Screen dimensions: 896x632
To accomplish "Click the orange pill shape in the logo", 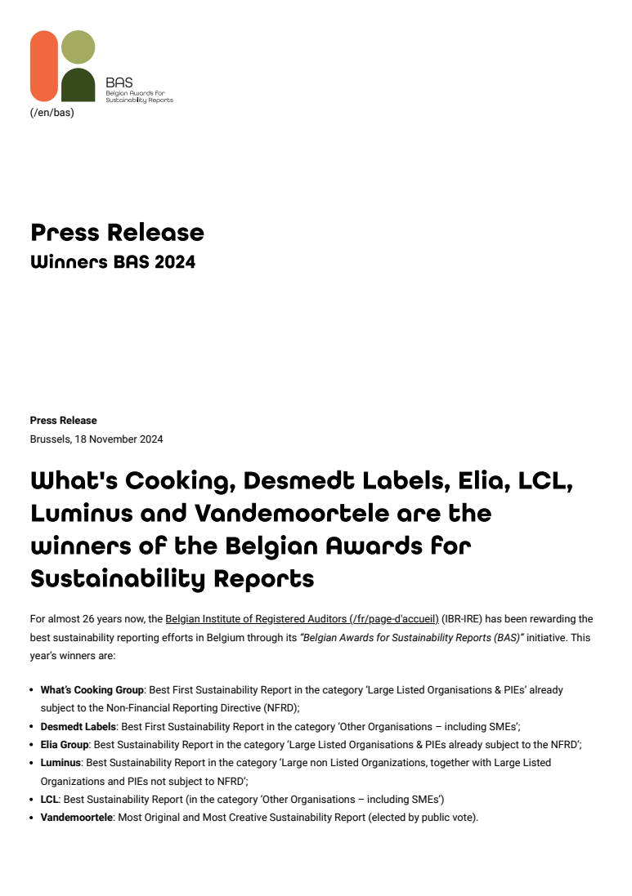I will pos(44,66).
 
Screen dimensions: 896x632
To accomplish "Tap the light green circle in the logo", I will pos(78,47).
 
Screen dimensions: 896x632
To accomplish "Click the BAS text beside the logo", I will pos(119,82).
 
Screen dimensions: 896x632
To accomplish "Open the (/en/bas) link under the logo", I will pos(52,113).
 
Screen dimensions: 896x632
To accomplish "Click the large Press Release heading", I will pos(117,233).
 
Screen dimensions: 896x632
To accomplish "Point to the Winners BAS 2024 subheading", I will pos(113,262).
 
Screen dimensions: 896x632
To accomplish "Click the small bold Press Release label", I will pos(63,421).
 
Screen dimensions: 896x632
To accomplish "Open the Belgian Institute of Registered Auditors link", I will pos(302,619).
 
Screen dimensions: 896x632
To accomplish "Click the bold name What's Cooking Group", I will pos(92,690).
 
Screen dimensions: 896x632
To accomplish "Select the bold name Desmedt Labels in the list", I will pos(78,726).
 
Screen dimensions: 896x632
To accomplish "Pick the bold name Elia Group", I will pos(65,744).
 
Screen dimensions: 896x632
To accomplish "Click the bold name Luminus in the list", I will pos(61,762).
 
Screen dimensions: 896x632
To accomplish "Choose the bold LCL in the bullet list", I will pos(49,799).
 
